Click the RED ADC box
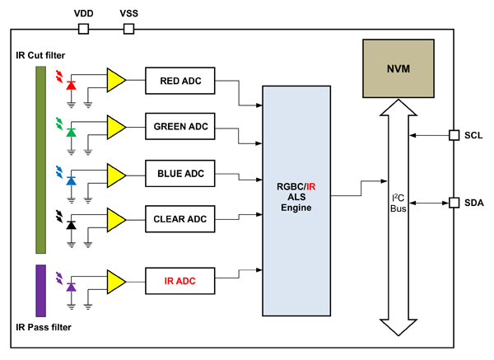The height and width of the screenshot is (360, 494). [179, 80]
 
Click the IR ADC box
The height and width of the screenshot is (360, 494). [179, 281]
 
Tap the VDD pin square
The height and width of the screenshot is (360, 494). [83, 29]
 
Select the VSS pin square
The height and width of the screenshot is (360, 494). [128, 29]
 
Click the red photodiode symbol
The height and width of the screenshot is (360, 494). [71, 85]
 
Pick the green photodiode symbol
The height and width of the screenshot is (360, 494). [71, 132]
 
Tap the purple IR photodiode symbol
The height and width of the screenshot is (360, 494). [71, 286]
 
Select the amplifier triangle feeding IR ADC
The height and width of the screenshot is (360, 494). [115, 281]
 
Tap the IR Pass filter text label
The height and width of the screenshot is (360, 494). [43, 328]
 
